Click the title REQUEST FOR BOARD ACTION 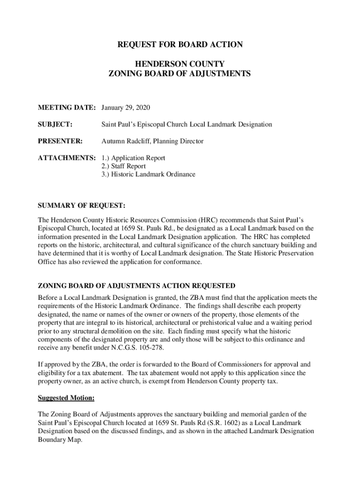(180, 45)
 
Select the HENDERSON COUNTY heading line (180, 64)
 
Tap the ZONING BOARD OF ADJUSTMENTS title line (180, 74)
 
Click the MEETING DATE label (67, 109)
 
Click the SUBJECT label (55, 124)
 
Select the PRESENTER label (60, 141)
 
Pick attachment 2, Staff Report (123, 166)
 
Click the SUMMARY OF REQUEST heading (81, 205)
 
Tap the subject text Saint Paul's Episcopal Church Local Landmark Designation (187, 124)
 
